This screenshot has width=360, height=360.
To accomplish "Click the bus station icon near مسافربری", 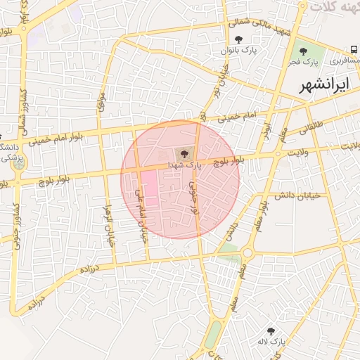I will [352, 51].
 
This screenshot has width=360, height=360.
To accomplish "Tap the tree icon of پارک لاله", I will [271, 330].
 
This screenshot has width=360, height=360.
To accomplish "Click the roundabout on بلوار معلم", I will [247, 254].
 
